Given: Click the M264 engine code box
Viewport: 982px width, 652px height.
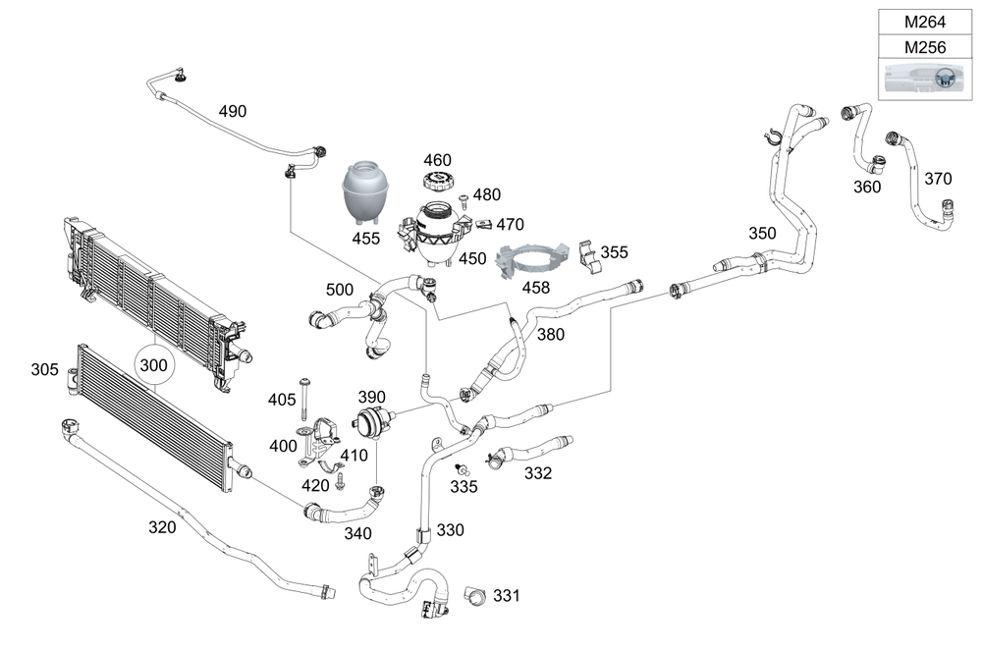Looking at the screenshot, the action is (925, 22).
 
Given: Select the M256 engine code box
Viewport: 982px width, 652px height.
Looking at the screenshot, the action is (925, 47).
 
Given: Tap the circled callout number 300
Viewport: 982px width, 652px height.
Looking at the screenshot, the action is (154, 365).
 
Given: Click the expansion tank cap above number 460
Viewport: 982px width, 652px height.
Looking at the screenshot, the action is (437, 183).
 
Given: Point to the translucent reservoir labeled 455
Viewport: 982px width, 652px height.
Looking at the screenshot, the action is (365, 192).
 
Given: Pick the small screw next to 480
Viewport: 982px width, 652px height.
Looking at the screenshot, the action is (464, 201).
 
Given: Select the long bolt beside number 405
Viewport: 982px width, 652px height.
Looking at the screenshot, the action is (305, 399).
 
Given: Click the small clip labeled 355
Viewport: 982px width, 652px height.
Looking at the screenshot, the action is (589, 256).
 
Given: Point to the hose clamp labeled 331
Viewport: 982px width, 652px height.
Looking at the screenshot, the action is (475, 596).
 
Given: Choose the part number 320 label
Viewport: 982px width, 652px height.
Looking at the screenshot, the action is (162, 527).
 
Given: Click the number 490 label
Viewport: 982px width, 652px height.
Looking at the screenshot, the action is (233, 112).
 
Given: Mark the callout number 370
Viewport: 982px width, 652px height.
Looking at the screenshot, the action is (938, 179).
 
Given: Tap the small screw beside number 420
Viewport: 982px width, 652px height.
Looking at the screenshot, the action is (340, 480).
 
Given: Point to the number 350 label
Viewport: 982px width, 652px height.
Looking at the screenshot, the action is (762, 234).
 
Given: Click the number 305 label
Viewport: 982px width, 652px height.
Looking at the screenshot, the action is (44, 370).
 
